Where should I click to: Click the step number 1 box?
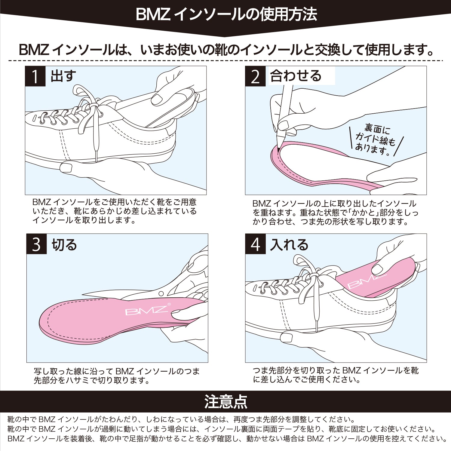tap(35, 76)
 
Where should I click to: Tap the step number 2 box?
tap(255, 76)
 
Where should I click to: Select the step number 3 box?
tap(36, 244)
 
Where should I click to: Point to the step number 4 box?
tap(255, 244)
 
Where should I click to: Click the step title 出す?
tap(63, 76)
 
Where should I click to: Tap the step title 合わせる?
tap(296, 76)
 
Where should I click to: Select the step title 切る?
tap(64, 245)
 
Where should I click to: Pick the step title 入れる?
tap(290, 245)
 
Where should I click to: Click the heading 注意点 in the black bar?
tap(226, 402)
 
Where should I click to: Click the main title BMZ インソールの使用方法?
tap(226, 14)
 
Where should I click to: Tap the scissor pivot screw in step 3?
tap(161, 294)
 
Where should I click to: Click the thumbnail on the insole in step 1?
tap(157, 99)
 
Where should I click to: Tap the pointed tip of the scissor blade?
tap(83, 294)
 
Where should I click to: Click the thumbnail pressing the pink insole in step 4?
tap(378, 269)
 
